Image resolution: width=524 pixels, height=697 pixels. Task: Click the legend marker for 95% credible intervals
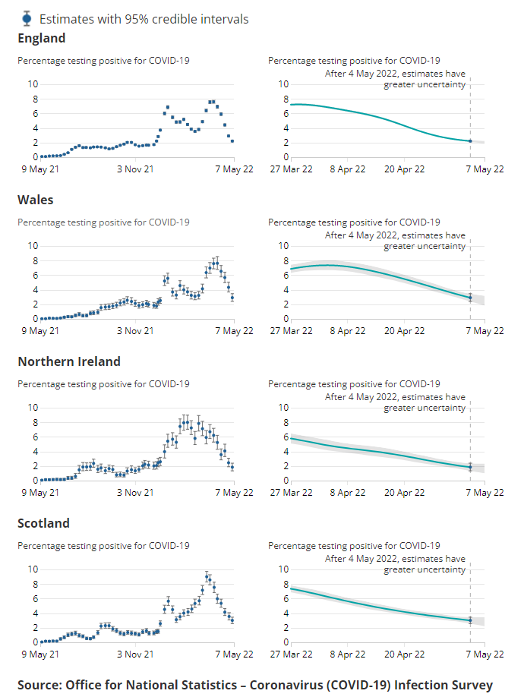point(27,18)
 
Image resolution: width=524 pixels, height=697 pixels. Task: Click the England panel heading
point(42,38)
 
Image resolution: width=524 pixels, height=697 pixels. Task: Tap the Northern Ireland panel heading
point(69,361)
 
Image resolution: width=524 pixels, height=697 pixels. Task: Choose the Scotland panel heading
point(43,523)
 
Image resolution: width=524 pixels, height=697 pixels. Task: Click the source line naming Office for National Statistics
point(255,684)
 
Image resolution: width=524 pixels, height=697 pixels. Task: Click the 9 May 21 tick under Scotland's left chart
point(40,654)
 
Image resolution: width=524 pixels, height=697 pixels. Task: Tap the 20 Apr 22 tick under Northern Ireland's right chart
point(405,492)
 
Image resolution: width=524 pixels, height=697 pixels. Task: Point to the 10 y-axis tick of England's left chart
point(33,84)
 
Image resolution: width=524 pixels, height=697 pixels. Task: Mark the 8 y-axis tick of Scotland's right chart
point(283,584)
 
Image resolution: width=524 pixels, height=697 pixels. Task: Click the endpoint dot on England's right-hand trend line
point(470,141)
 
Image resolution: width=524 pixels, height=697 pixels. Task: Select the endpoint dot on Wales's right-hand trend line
point(470,298)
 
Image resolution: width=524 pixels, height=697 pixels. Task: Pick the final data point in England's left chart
point(232,140)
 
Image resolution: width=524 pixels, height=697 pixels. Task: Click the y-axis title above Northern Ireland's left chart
point(103,384)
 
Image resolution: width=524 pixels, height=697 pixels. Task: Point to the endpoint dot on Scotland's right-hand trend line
point(470,620)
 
